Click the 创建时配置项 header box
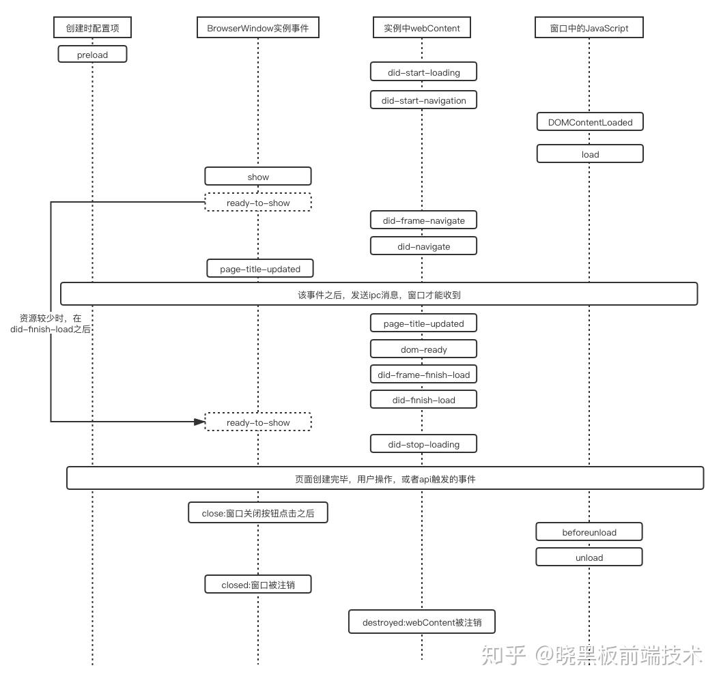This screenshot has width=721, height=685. click(92, 28)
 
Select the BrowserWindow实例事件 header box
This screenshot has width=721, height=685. click(257, 28)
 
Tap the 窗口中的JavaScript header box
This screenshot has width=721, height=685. click(589, 28)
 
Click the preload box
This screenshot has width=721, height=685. click(92, 55)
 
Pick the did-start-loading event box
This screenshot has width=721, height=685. click(423, 72)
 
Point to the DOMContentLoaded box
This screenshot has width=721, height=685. click(590, 122)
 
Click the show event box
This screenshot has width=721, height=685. click(258, 177)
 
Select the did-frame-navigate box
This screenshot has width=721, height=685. click(423, 220)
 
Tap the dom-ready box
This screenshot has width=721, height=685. click(423, 349)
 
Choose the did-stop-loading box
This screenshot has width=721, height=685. click(423, 444)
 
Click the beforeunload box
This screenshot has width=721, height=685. click(589, 532)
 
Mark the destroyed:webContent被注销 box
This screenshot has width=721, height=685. click(421, 622)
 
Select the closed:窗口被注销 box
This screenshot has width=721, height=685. click(258, 585)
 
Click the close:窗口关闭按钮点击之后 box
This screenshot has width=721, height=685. click(258, 513)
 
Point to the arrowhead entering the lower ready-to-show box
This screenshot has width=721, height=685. click(199, 422)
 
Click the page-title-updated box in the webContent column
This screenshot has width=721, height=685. click(423, 323)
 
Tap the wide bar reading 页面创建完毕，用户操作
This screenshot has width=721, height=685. click(385, 479)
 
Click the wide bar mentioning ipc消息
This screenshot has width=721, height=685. click(379, 295)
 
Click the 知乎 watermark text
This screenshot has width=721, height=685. click(503, 655)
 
